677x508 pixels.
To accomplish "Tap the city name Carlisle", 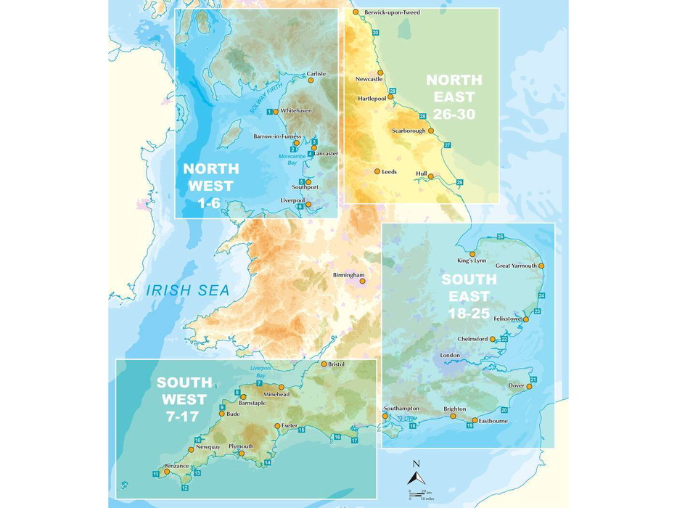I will click(316, 73).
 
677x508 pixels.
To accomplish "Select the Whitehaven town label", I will click(296, 111).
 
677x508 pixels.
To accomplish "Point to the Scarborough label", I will click(406, 131).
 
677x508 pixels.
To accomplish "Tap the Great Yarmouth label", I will click(516, 266).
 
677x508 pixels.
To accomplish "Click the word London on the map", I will click(450, 355).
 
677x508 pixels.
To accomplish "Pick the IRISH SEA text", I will click(187, 290).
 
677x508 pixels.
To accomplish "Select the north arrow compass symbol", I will click(416, 475).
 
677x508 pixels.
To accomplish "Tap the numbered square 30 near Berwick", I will click(375, 33).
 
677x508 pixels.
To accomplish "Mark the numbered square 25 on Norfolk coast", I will click(500, 237).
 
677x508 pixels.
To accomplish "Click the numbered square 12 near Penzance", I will click(184, 488).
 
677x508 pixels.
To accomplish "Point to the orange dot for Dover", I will click(529, 387).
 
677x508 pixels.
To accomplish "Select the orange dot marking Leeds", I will click(377, 171).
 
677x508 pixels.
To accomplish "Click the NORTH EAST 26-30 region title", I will click(450, 97).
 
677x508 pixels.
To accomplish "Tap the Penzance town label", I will click(176, 465).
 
